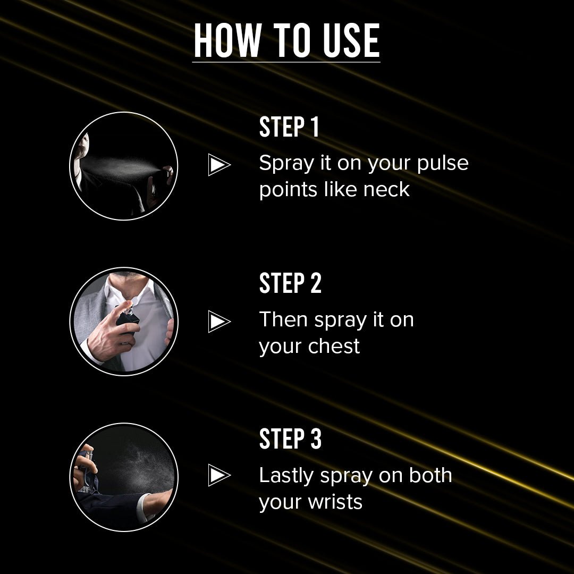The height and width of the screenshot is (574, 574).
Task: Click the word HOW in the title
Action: (x=227, y=40)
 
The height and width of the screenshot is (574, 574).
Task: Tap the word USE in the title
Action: (x=351, y=40)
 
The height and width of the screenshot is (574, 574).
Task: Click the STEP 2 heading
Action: (x=290, y=283)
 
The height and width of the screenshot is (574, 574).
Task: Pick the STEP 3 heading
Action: (x=290, y=438)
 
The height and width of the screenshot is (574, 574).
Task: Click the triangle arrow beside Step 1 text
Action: (x=219, y=164)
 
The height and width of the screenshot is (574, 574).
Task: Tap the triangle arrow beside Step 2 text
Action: (x=219, y=321)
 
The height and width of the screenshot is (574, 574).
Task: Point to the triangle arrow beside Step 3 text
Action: (x=219, y=475)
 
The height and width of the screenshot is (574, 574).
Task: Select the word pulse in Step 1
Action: (x=443, y=163)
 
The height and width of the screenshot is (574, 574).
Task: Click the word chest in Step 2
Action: (x=334, y=346)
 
